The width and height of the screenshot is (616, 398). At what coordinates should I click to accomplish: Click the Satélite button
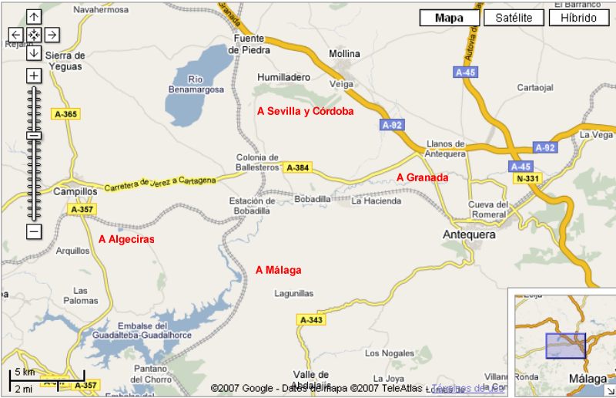(x=515, y=18)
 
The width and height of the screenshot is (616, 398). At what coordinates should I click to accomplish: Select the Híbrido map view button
(x=578, y=18)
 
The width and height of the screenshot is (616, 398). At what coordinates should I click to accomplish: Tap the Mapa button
(x=450, y=18)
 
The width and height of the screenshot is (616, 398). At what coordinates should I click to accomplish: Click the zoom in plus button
(x=33, y=76)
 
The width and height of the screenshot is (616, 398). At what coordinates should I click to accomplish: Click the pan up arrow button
(x=33, y=16)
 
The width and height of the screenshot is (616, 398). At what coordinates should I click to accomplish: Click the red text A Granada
(x=422, y=177)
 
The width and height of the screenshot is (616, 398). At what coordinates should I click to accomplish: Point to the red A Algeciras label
(x=126, y=239)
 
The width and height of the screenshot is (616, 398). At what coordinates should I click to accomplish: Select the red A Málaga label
(x=279, y=270)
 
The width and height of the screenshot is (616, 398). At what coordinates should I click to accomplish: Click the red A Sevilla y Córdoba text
(x=306, y=111)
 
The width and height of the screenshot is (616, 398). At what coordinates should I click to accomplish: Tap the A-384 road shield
(x=297, y=167)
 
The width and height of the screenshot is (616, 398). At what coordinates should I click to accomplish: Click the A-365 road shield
(x=66, y=114)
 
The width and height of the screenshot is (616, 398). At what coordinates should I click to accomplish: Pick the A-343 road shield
(x=311, y=319)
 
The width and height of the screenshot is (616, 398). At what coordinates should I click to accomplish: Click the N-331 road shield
(x=528, y=179)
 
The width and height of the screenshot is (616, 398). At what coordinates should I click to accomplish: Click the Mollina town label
(x=344, y=54)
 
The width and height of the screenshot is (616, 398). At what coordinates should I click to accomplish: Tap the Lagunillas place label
(x=295, y=294)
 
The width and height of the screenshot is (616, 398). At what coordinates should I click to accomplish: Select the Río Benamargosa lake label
(x=196, y=84)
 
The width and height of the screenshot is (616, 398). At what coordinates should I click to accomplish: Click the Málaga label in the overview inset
(x=588, y=379)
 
